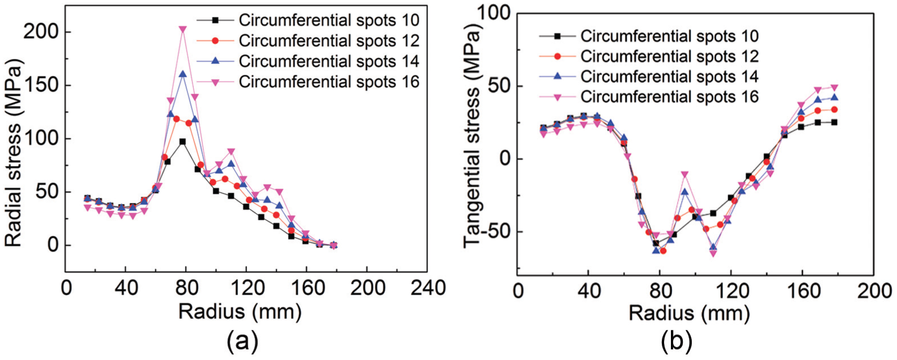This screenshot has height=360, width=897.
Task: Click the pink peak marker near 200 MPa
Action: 182,29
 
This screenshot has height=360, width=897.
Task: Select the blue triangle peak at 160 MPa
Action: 182,74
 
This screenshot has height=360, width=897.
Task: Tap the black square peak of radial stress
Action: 182,142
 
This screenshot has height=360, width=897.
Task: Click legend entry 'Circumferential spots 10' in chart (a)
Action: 308,20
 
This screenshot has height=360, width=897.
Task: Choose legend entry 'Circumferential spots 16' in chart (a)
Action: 308,82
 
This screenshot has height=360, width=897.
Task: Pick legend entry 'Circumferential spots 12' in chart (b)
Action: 649,56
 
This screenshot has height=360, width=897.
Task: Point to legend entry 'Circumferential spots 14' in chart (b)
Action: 649,77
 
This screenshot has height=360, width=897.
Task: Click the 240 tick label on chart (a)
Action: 428,288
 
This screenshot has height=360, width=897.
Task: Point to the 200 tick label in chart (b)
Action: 874,291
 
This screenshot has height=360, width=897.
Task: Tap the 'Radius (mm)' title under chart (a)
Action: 240,312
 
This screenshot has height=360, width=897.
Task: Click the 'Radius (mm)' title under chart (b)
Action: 689,314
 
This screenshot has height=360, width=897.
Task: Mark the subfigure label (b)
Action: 677,342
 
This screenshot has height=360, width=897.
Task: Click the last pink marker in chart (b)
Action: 835,87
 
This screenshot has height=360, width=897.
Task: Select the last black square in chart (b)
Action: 835,122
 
